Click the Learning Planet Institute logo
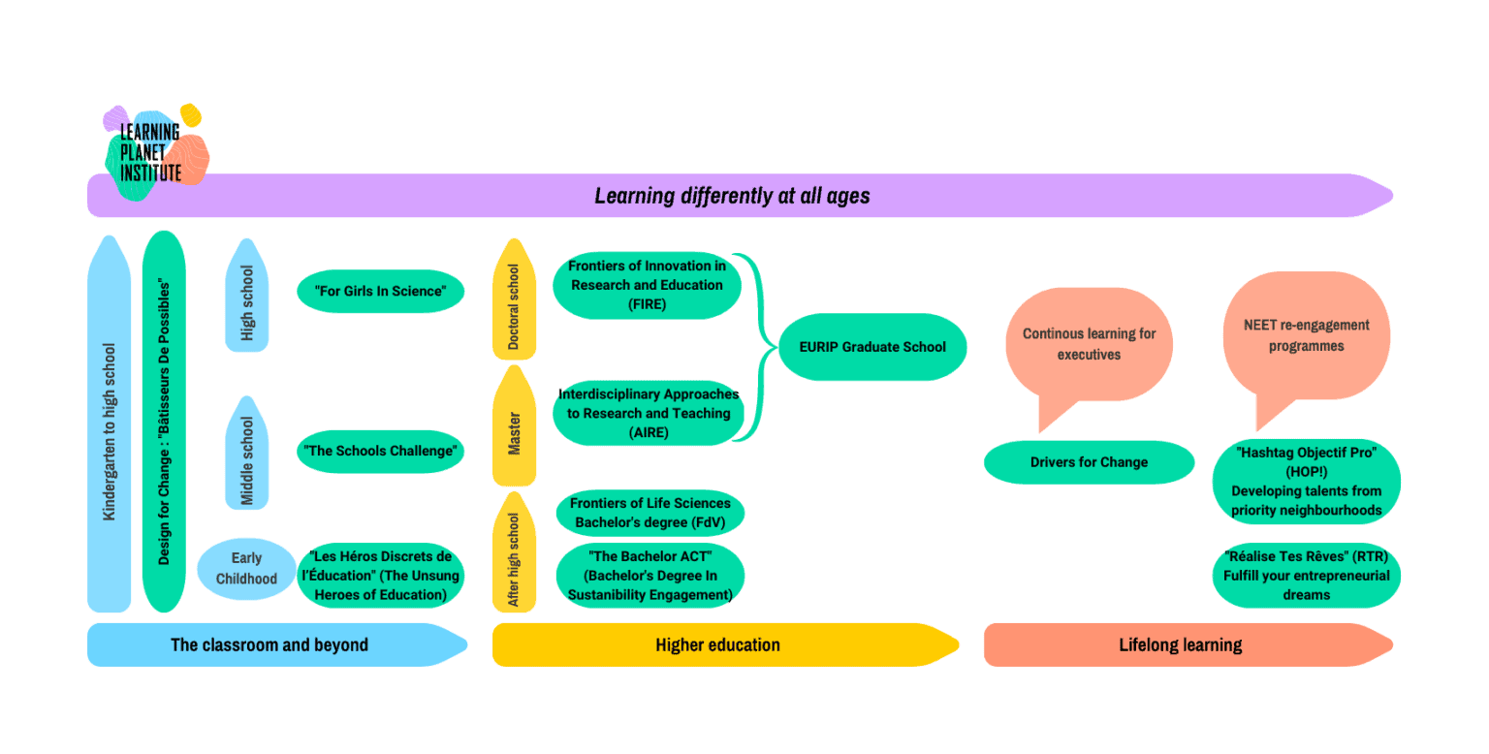pyautogui.click(x=152, y=151)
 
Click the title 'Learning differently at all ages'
pyautogui.click(x=732, y=196)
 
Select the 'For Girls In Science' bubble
pyautogui.click(x=380, y=292)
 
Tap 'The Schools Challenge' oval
pyautogui.click(x=380, y=451)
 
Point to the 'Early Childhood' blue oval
pyautogui.click(x=246, y=569)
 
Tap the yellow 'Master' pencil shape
pyautogui.click(x=514, y=431)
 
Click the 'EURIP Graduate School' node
pyautogui.click(x=872, y=347)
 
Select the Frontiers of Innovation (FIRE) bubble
pyautogui.click(x=647, y=285)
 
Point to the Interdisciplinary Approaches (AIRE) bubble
pyautogui.click(x=649, y=413)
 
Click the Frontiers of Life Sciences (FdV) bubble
pyautogui.click(x=649, y=513)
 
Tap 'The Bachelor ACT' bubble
pyautogui.click(x=649, y=576)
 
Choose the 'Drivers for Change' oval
pyautogui.click(x=1089, y=462)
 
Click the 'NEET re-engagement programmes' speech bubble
pyautogui.click(x=1306, y=336)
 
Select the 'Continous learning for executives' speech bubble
pyautogui.click(x=1089, y=344)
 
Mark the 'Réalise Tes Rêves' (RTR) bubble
pyautogui.click(x=1306, y=576)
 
